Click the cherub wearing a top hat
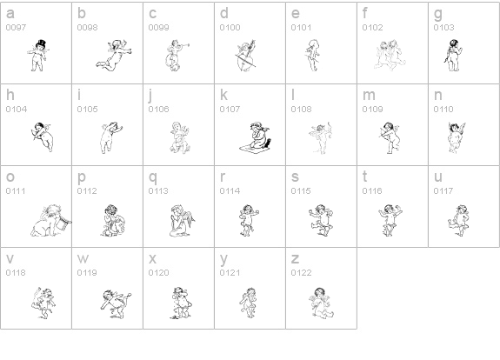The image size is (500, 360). click(x=38, y=56)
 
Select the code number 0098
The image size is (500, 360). click(x=87, y=28)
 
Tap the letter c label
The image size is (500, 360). click(x=152, y=13)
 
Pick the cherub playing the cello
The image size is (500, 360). click(x=245, y=56)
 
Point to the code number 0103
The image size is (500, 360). click(x=443, y=28)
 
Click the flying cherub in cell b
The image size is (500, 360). click(x=114, y=56)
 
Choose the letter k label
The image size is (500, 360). click(x=223, y=95)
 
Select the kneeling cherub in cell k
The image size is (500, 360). click(x=256, y=137)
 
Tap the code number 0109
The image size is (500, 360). click(x=372, y=109)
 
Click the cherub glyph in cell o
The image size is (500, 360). click(x=51, y=220)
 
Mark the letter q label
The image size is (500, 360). click(x=153, y=178)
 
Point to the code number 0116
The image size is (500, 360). click(x=372, y=190)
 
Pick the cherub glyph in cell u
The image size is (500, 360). click(x=458, y=220)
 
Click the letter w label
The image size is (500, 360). click(x=83, y=259)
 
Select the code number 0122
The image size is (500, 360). click(x=301, y=273)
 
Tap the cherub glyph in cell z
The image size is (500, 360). click(x=322, y=303)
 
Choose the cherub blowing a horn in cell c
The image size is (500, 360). click(x=177, y=56)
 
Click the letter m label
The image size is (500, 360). click(x=369, y=96)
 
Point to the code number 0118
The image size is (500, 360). click(x=16, y=273)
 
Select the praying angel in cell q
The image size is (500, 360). click(x=182, y=220)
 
